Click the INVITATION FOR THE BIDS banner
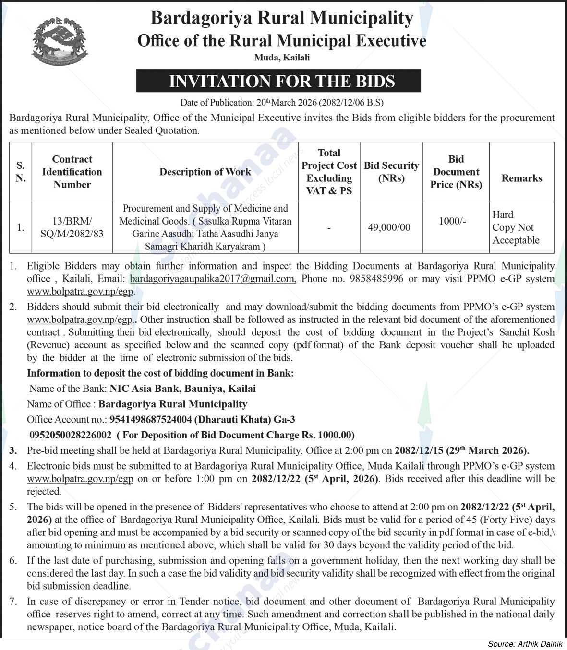click(278, 81)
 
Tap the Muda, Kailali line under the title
click(282, 58)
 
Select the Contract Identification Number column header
click(72, 172)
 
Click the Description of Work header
click(205, 172)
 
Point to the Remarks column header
click(522, 178)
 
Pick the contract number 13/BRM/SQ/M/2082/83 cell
click(72, 227)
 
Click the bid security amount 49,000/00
click(389, 227)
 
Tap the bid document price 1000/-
click(452, 221)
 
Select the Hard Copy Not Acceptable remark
click(516, 227)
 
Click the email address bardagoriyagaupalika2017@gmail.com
click(212, 279)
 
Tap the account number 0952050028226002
click(71, 435)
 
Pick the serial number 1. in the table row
click(20, 227)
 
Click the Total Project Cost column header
click(329, 172)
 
